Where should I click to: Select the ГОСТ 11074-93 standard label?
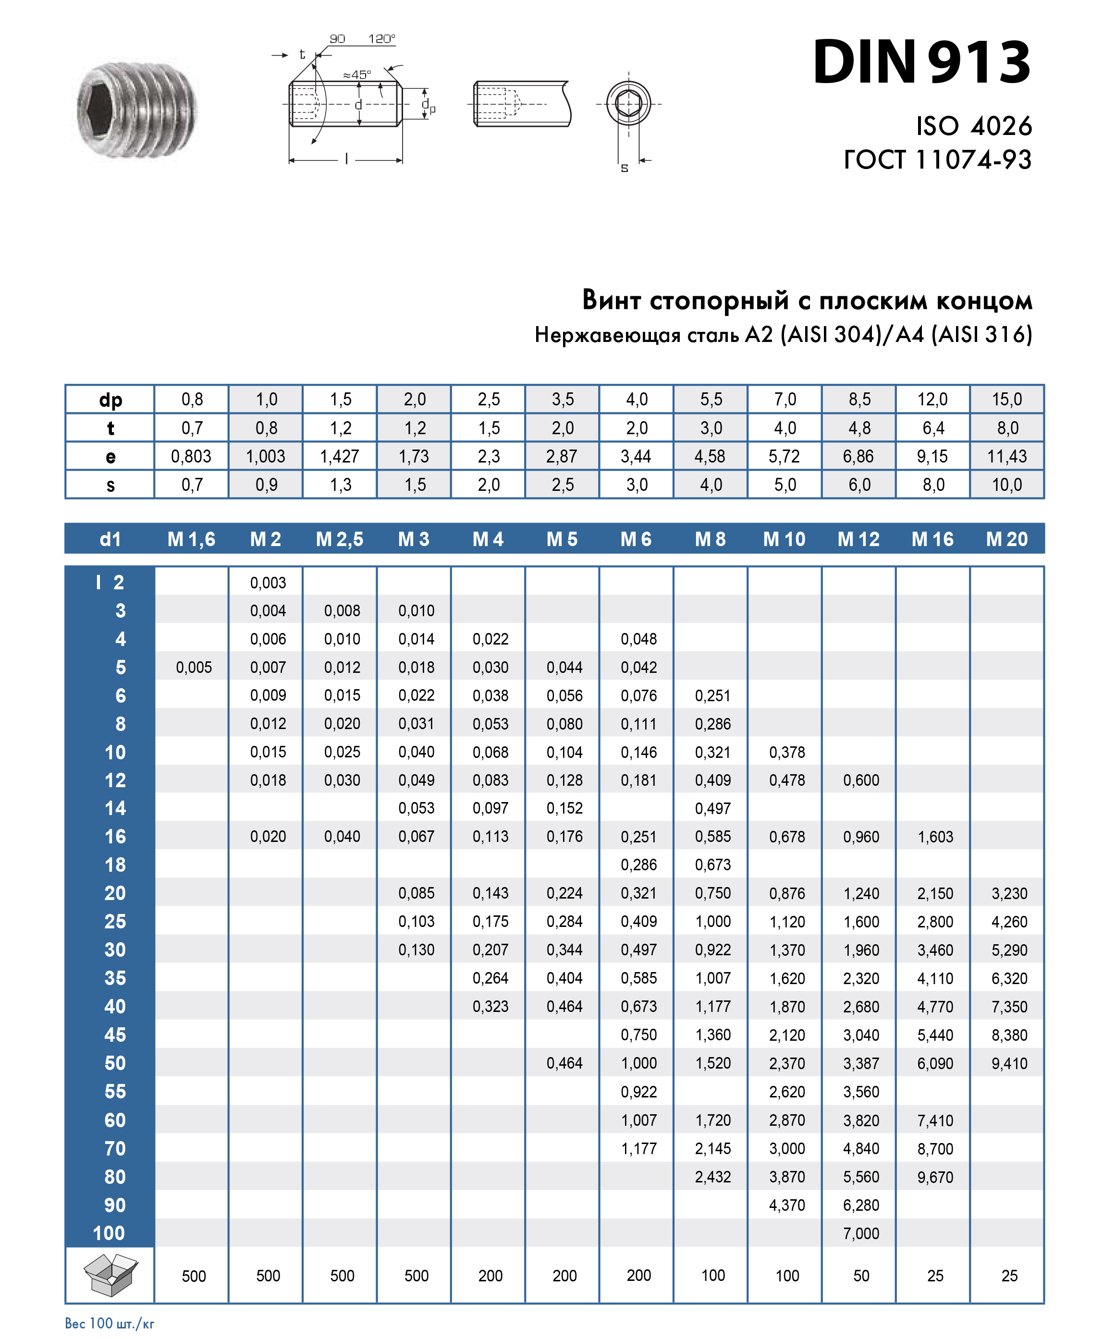tap(937, 159)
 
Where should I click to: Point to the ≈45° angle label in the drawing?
tap(357, 75)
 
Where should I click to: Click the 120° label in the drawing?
tap(381, 39)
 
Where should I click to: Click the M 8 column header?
tap(711, 539)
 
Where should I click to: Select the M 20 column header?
tap(1006, 539)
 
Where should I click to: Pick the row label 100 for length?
tap(109, 1233)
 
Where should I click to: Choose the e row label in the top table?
tap(110, 456)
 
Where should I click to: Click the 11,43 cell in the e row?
tap(1006, 456)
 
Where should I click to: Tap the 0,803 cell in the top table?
tap(191, 456)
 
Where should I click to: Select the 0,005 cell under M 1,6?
tap(194, 667)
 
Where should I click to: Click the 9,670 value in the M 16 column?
tap(935, 1177)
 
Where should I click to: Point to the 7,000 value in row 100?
tap(861, 1233)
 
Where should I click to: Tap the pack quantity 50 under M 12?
tap(861, 1276)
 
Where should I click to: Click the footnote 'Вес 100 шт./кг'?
tap(109, 1323)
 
